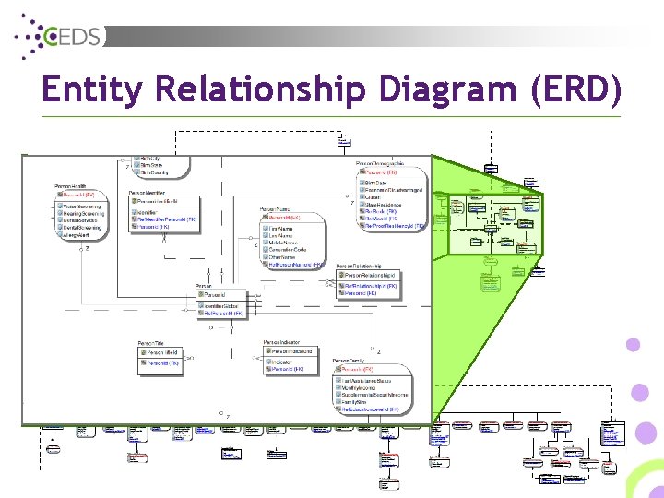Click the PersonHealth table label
pos(72,186)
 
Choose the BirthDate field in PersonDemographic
pos(376,183)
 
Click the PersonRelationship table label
pos(361,266)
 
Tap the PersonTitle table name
pos(152,343)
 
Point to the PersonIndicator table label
pos(281,343)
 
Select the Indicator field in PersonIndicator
pos(280,362)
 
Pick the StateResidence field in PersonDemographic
pos(385,204)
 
